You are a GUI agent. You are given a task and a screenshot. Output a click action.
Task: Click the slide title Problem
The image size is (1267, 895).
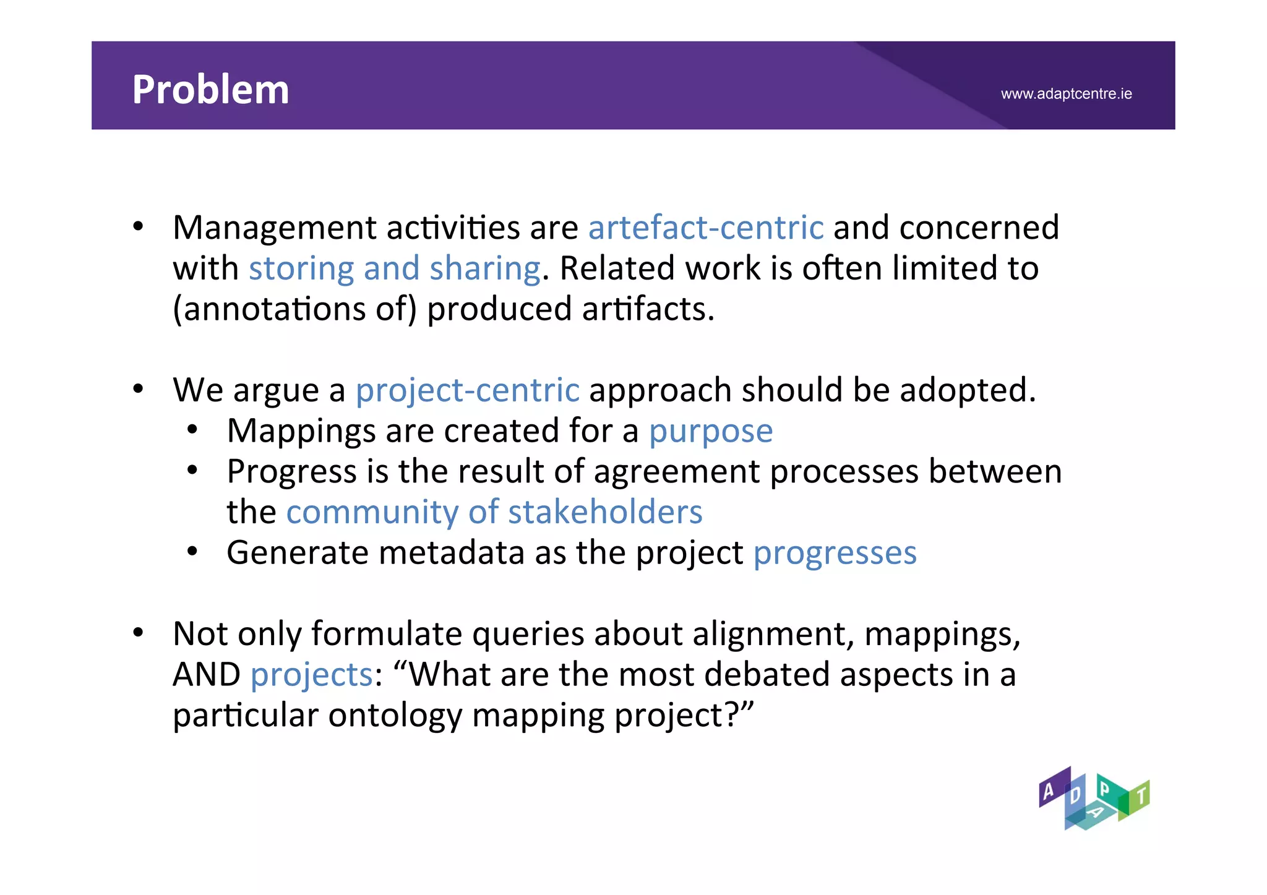tap(210, 90)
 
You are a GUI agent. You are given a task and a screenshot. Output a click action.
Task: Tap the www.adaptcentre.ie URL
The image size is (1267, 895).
tap(1066, 94)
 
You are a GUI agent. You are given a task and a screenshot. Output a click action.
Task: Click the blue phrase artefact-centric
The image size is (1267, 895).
tap(705, 228)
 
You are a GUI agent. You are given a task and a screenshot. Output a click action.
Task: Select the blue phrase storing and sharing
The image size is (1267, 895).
tap(395, 268)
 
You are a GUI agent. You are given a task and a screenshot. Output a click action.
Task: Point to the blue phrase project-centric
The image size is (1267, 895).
tap(467, 390)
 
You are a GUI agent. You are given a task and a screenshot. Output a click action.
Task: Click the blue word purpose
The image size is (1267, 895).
tap(710, 431)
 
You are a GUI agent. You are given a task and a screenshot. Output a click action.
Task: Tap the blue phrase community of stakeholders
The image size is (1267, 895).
tap(494, 512)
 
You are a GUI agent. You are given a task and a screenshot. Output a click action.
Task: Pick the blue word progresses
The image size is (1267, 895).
tap(835, 553)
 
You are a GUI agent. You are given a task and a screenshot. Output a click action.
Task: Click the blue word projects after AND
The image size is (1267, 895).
tap(311, 675)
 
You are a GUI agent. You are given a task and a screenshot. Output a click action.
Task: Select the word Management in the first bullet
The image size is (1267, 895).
tap(274, 228)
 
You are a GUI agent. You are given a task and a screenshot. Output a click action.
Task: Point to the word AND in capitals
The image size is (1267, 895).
tap(206, 675)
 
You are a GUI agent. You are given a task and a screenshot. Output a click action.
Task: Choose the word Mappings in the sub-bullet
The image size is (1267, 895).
tap(301, 431)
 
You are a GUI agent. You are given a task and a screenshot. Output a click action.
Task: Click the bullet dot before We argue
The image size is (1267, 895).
tap(138, 390)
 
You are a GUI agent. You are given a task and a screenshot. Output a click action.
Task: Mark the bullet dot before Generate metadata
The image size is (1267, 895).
tap(192, 552)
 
